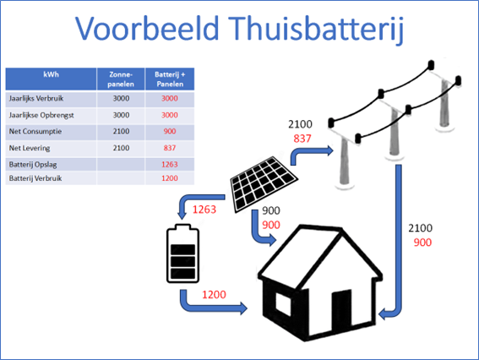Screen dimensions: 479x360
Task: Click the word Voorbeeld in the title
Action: [x=147, y=29]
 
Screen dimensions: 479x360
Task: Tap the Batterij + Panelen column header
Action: [x=170, y=79]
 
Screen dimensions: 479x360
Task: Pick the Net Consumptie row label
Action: [x=35, y=132]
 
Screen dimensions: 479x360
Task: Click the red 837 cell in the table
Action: [x=170, y=148]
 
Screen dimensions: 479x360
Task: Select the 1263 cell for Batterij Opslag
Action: [x=170, y=165]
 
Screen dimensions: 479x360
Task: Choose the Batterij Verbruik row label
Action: [x=35, y=178]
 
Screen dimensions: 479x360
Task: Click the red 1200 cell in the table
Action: [x=170, y=178]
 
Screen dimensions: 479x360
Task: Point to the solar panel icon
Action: [x=264, y=184]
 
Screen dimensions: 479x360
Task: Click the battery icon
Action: [x=182, y=254]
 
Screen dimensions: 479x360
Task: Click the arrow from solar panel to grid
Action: [x=308, y=152]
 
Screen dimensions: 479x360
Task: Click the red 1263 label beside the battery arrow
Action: [x=204, y=210]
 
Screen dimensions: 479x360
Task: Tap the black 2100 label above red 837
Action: [x=300, y=124]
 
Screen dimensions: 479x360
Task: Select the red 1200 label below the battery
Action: [x=214, y=295]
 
